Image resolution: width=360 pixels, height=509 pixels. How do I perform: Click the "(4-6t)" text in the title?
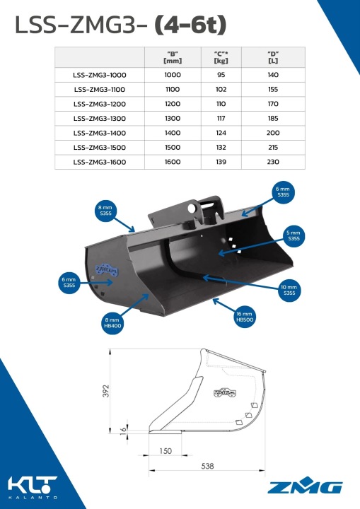[x=190, y=25]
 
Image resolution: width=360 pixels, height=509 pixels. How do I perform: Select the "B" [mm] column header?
[x=173, y=57]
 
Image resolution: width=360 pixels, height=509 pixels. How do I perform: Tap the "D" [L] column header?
[x=273, y=57]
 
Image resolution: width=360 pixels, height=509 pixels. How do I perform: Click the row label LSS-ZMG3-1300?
[x=100, y=119]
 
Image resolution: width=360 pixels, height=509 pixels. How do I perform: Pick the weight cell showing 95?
[x=221, y=75]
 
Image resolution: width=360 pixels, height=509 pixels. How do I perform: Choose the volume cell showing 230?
[x=273, y=162]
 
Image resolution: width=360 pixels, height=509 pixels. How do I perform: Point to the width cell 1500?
[x=173, y=147]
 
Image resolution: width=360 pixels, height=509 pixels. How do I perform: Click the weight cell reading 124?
[x=221, y=133]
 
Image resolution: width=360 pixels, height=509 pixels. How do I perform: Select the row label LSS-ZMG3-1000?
[x=100, y=75]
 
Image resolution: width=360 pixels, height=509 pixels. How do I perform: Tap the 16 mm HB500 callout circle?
[x=244, y=317]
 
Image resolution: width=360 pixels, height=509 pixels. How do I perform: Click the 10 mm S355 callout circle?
[x=289, y=290]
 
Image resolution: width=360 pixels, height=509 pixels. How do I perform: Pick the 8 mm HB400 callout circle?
[x=112, y=323]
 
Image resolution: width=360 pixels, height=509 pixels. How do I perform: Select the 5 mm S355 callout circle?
[x=294, y=235]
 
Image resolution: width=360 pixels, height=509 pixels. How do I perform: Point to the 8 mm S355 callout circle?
[x=105, y=211]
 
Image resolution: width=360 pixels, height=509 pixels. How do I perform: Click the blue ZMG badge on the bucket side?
[x=107, y=270]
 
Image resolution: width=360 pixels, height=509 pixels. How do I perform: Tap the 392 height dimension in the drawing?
[x=105, y=391]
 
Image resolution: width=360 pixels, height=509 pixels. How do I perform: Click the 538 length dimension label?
[x=207, y=466]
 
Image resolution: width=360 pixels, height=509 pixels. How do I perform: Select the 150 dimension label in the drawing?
[x=166, y=451]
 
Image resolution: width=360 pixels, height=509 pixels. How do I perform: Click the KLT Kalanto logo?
[x=33, y=487]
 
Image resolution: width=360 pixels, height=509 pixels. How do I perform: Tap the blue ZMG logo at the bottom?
[x=305, y=485]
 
